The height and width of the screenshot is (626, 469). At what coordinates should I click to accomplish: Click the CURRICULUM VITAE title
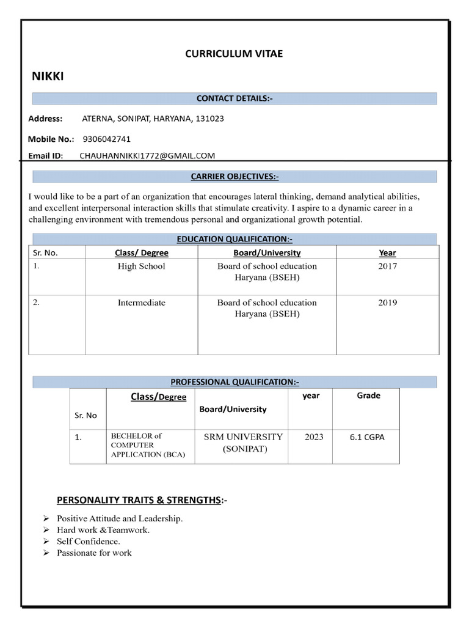point(234,54)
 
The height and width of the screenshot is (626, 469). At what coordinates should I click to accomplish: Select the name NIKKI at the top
point(48,76)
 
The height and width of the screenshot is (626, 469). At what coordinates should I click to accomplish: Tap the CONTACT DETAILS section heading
point(234,98)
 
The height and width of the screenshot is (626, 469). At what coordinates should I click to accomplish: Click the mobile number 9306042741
point(106,139)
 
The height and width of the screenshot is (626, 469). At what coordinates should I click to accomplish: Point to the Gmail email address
point(147,156)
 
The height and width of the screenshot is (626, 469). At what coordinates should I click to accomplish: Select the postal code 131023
point(209,119)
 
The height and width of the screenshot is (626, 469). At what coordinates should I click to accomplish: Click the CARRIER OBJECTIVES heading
point(234,177)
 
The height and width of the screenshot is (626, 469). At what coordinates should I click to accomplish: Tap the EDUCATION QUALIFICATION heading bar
point(234,239)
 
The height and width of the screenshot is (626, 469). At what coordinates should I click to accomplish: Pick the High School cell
point(141,267)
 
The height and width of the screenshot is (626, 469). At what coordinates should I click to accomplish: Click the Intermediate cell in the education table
point(141,303)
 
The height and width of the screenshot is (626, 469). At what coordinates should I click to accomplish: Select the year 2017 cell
point(387,267)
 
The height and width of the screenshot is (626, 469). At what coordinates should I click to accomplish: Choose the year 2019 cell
point(387,303)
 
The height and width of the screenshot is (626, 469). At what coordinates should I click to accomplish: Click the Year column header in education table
point(387,252)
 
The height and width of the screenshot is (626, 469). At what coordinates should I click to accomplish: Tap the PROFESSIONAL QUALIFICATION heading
point(234,382)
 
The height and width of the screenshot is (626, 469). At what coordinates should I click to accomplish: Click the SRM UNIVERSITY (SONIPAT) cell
point(243,443)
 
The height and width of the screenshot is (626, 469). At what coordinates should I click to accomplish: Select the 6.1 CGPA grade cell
point(367,437)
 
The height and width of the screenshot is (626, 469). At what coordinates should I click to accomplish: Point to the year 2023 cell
point(314,437)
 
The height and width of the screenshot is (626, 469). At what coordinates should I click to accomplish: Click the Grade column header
point(368,396)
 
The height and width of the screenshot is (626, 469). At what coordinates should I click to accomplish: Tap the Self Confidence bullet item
point(89,542)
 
